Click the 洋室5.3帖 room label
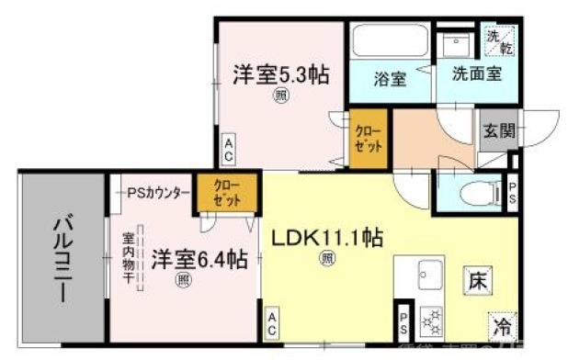click(x=280, y=74)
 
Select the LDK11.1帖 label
click(x=326, y=238)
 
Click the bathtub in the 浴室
click(x=387, y=41)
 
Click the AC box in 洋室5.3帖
click(x=229, y=146)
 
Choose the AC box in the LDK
click(x=273, y=322)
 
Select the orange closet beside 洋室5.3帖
click(x=362, y=139)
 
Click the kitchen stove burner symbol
click(x=430, y=323)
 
